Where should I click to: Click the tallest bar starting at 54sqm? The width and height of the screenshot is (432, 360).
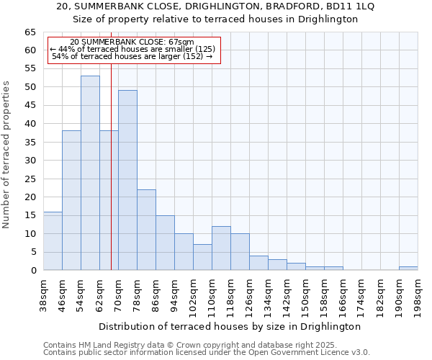pos(90,173)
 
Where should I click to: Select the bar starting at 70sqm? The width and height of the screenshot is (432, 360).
pos(127,180)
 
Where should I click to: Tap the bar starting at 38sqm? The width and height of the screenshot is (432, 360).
pos(53,240)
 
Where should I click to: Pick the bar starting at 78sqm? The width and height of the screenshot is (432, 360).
pos(146,230)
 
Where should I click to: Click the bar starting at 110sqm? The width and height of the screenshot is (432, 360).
pos(221,248)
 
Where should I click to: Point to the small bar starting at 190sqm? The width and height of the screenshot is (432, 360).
pos(408,268)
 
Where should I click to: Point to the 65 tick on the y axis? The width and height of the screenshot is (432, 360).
pos(30,32)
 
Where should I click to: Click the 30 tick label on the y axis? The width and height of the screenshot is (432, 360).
pos(30,161)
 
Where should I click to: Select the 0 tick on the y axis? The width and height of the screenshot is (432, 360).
pos(33,271)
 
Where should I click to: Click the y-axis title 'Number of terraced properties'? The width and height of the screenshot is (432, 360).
pos(7,154)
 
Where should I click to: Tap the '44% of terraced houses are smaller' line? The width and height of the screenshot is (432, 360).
pos(132,49)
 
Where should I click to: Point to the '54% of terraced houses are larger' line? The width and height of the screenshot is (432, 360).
pos(132,56)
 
